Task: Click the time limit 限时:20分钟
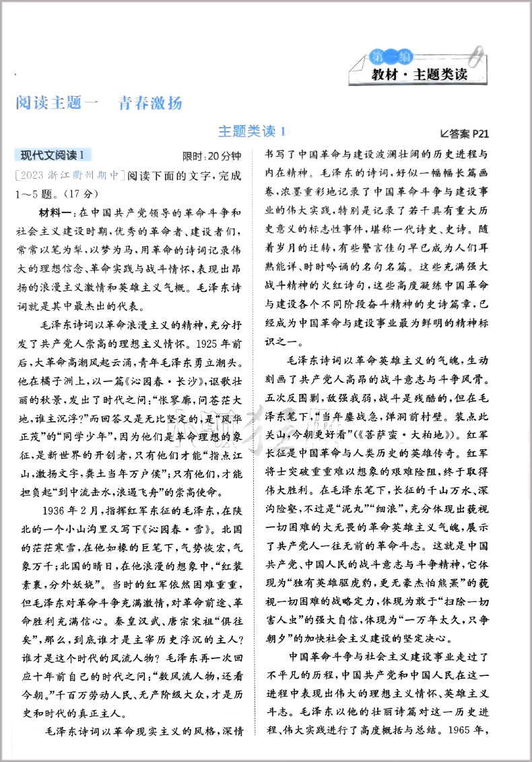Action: point(211,156)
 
